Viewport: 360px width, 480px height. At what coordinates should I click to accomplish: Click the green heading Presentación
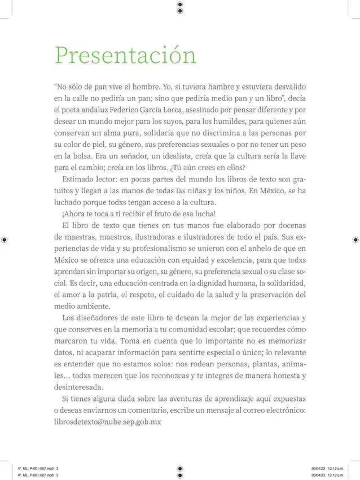(x=125, y=56)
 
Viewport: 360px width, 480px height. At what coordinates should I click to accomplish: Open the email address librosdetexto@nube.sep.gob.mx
(x=107, y=422)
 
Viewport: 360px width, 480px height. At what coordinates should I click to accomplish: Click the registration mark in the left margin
(x=4, y=240)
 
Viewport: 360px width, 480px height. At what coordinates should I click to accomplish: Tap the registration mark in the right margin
(x=356, y=240)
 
